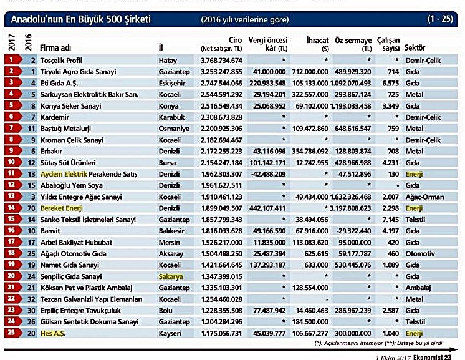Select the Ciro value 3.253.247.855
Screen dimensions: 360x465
[221, 71]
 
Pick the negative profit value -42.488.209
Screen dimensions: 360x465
[267, 173]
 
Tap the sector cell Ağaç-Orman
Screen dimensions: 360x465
[424, 197]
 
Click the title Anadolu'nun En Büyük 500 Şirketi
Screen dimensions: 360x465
[80, 20]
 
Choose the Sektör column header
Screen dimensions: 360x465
[415, 47]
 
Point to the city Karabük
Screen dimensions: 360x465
[173, 117]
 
